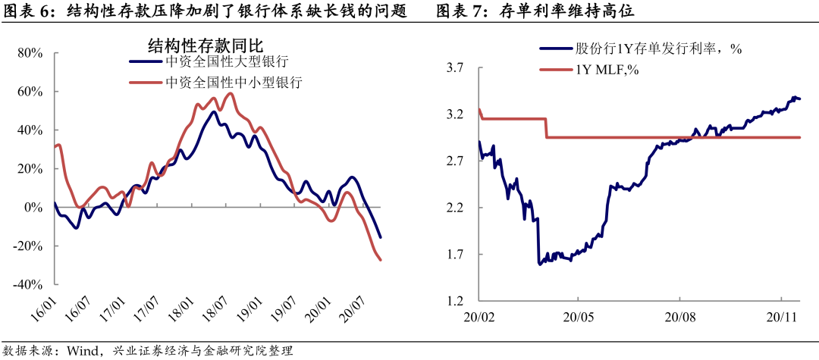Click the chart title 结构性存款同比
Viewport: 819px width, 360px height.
point(199,43)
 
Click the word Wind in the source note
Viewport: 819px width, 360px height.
point(82,350)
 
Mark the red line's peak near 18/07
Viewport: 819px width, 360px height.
point(231,93)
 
